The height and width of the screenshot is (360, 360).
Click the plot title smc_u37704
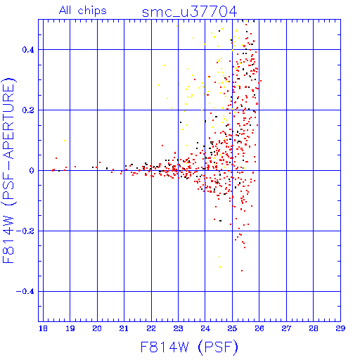point(189,12)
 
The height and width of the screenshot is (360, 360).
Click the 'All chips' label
point(83,11)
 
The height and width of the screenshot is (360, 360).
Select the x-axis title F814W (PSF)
point(189,347)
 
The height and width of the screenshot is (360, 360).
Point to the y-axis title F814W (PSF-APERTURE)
point(8,170)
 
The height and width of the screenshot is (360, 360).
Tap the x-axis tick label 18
point(43,328)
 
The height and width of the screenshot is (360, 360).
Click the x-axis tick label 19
point(70,328)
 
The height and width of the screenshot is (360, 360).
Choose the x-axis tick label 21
point(124,328)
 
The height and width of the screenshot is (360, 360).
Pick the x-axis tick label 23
point(178,328)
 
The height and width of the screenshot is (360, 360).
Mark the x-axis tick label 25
point(232,328)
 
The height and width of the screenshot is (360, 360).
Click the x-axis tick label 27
point(286,328)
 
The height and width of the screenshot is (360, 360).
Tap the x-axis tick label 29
point(340,328)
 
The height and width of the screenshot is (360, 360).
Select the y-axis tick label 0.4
point(28,50)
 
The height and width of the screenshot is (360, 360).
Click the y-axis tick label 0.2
point(28,110)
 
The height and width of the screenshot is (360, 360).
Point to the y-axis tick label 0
point(32,171)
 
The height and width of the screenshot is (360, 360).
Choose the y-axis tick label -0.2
point(25,231)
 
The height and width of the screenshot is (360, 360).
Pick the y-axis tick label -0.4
point(25,292)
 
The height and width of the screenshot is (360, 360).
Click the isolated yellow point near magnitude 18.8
point(65,141)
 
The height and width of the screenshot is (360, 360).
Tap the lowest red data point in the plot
point(242,271)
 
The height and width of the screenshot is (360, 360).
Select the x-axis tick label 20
point(97,328)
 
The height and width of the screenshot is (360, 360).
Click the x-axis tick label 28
point(314,328)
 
